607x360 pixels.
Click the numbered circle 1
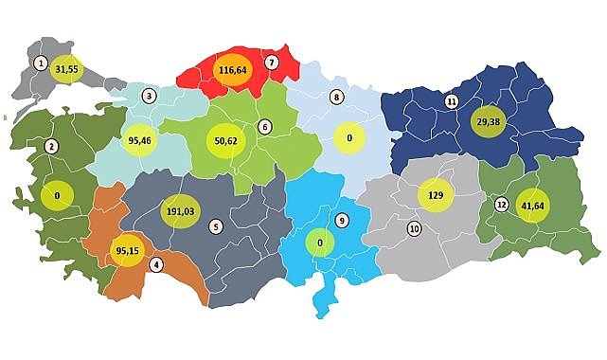coord(40,63)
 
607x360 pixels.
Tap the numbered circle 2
coord(51,146)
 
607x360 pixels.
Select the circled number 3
coord(149,96)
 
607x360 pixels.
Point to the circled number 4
coord(155,264)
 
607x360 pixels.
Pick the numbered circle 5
coord(216,226)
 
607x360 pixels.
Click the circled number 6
coord(265,126)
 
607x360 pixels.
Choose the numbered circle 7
coord(272,63)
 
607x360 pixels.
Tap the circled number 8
coord(335,97)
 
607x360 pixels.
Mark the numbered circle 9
coord(342,221)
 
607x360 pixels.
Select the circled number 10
coord(414,229)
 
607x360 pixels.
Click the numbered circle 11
coord(452,101)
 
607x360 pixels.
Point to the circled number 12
coord(501,205)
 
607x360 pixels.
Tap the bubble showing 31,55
coord(66,69)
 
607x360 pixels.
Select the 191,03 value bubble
coord(180,211)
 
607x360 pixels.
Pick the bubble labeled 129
coord(437,194)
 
